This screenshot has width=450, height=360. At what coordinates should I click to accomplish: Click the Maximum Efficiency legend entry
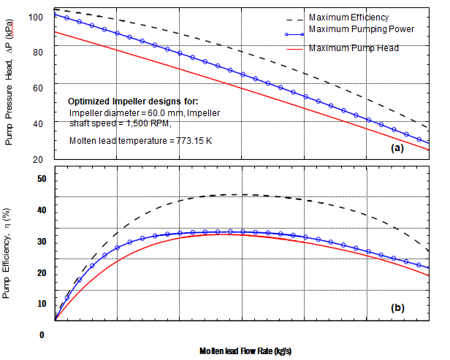click(348, 17)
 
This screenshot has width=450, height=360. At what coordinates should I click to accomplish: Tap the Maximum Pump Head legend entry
click(354, 47)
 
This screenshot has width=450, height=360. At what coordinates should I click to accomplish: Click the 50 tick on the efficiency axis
click(41, 179)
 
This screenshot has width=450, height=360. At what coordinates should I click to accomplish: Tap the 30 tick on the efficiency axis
click(41, 242)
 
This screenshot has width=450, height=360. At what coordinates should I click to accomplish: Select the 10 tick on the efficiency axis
click(41, 304)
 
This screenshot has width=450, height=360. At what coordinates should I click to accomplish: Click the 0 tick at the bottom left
click(42, 335)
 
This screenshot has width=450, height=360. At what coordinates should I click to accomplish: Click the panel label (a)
click(397, 148)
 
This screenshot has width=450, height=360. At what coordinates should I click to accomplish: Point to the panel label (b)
click(397, 307)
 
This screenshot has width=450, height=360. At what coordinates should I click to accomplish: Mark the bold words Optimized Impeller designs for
click(132, 101)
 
